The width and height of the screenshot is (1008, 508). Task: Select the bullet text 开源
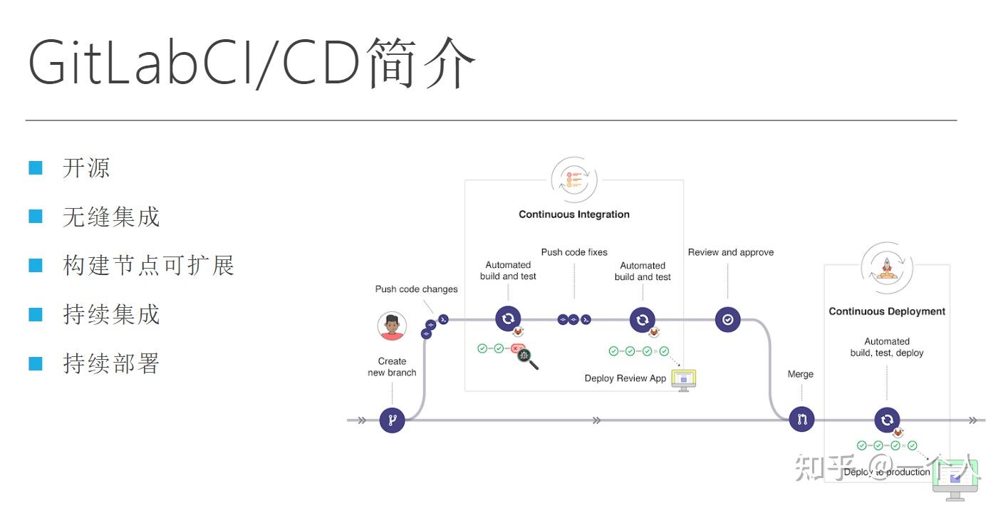tap(86, 168)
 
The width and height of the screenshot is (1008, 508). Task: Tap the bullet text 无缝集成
tap(111, 217)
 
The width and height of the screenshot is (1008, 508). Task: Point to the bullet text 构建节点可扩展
tap(148, 266)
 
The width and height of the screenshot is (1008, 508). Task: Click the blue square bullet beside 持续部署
tap(36, 363)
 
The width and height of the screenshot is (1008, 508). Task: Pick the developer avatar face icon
tap(392, 326)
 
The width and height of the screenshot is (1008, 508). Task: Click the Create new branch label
tap(392, 367)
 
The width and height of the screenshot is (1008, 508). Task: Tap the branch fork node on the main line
tap(392, 420)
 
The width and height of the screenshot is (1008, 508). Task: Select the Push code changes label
tap(416, 289)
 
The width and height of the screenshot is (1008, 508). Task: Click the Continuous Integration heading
tap(573, 214)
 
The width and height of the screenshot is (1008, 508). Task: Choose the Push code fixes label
tap(574, 252)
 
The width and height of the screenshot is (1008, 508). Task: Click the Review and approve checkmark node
tap(727, 320)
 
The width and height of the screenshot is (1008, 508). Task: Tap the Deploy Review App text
tap(625, 378)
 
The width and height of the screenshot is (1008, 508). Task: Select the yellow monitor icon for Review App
tap(683, 380)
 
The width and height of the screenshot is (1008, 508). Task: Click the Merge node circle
tap(801, 420)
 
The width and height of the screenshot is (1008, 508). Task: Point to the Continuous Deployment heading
tap(887, 311)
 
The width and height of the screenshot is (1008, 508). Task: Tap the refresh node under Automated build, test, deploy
tap(887, 420)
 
